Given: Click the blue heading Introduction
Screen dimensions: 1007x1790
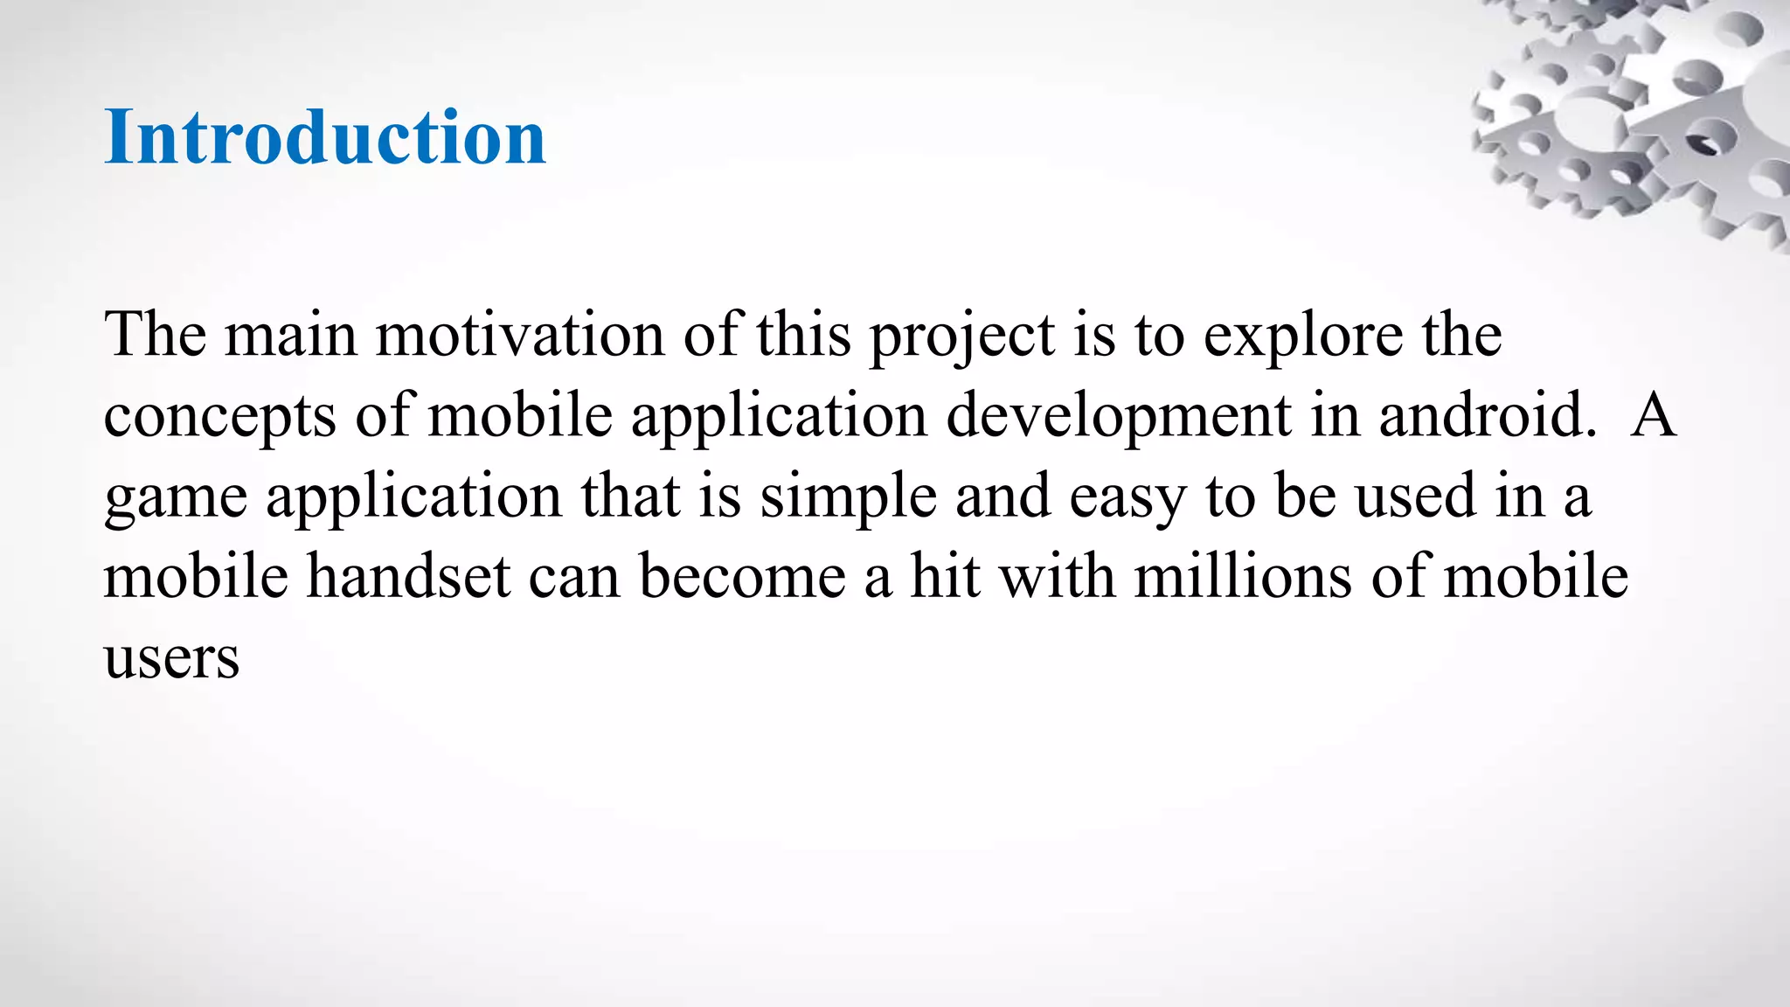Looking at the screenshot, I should [x=324, y=137].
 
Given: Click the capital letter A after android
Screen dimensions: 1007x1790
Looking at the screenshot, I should [x=1653, y=416].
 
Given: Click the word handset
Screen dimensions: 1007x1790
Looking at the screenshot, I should [x=408, y=577].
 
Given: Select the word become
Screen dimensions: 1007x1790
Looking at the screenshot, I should [x=742, y=577].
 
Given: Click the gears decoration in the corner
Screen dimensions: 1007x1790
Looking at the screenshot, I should [x=1634, y=114].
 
